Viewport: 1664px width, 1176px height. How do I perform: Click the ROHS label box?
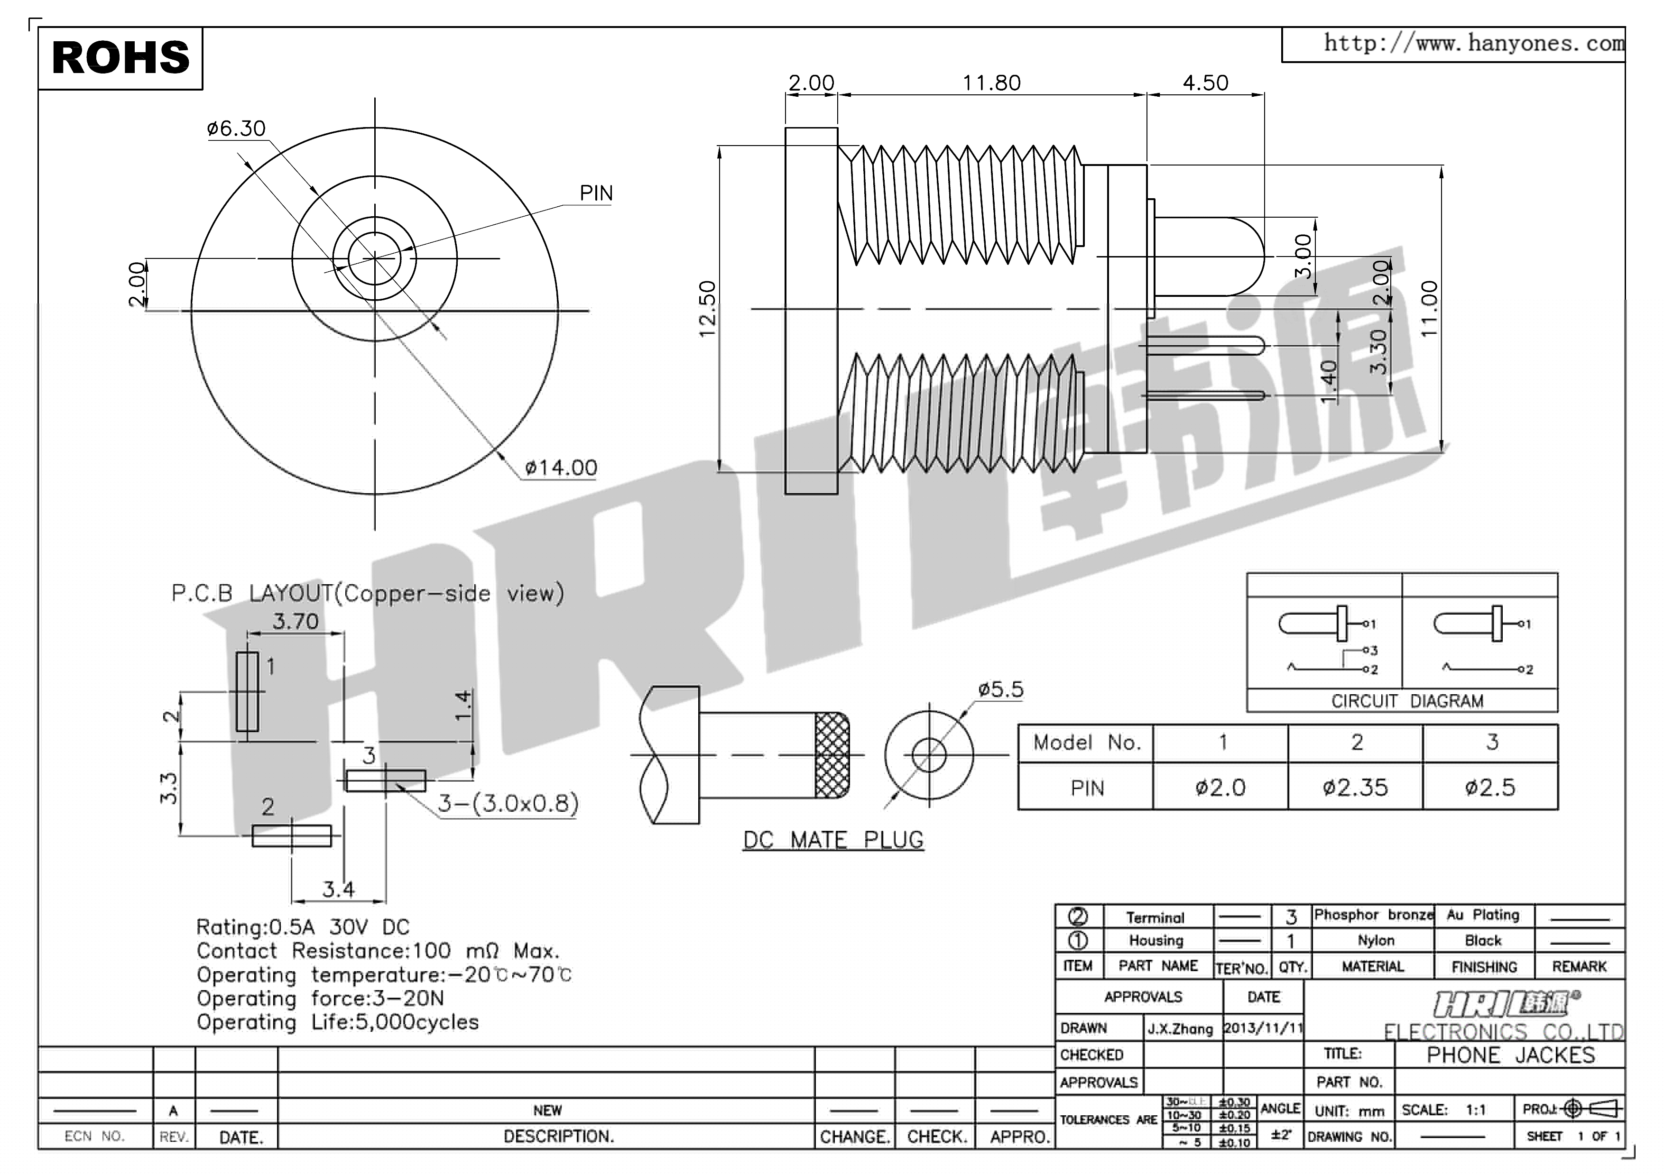120,58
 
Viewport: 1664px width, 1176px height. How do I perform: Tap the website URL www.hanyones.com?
1473,44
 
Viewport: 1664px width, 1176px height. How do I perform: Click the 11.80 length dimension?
991,83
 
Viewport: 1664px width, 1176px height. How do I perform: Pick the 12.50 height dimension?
707,309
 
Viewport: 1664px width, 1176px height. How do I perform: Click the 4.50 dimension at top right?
1205,83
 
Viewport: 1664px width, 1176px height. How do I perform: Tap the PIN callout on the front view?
596,193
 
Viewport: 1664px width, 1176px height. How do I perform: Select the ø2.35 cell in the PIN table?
1355,788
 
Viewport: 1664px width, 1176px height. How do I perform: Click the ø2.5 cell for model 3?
1490,788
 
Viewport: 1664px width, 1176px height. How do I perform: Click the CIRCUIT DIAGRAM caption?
1407,701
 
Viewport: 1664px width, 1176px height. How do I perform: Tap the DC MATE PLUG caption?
833,841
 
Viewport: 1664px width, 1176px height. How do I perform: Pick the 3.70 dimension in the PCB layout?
296,622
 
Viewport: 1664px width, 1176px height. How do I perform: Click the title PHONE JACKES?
1510,1055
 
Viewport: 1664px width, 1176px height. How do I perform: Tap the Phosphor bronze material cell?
1373,915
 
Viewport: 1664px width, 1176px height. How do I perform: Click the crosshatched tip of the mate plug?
832,755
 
